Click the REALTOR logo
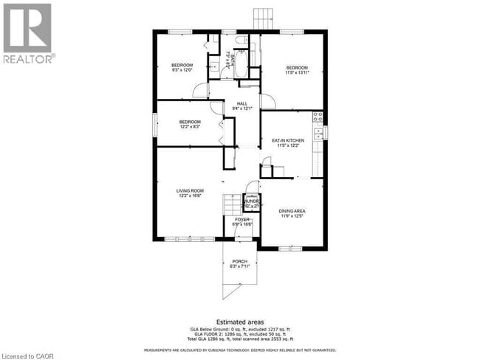click(x=27, y=33)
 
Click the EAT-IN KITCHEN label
click(x=288, y=143)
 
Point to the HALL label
click(x=242, y=105)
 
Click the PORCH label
click(x=240, y=263)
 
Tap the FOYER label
click(x=242, y=222)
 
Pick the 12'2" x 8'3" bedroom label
click(x=189, y=124)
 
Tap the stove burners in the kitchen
click(x=318, y=117)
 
